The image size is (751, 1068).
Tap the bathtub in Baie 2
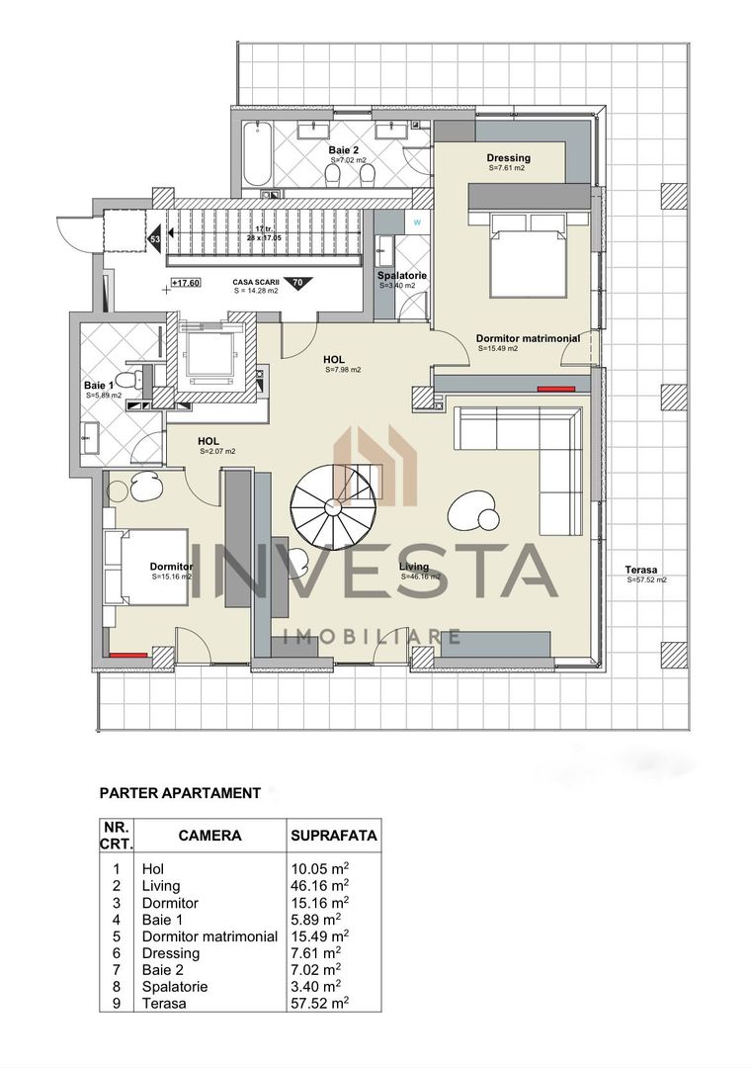pos(257,153)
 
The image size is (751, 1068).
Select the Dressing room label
pos(509,158)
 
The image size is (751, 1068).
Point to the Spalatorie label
pos(402,276)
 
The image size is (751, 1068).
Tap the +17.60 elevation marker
pos(185,283)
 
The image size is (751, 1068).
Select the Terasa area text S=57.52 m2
pos(646,579)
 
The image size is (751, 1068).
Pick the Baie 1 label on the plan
pos(98,385)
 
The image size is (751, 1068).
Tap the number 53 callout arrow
pos(156,237)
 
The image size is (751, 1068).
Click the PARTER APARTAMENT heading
pos(180,793)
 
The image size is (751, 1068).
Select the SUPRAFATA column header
pos(334,835)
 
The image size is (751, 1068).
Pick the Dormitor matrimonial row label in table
pos(209,936)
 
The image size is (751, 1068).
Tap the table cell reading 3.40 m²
pos(317,987)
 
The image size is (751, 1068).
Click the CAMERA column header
pos(209,835)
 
